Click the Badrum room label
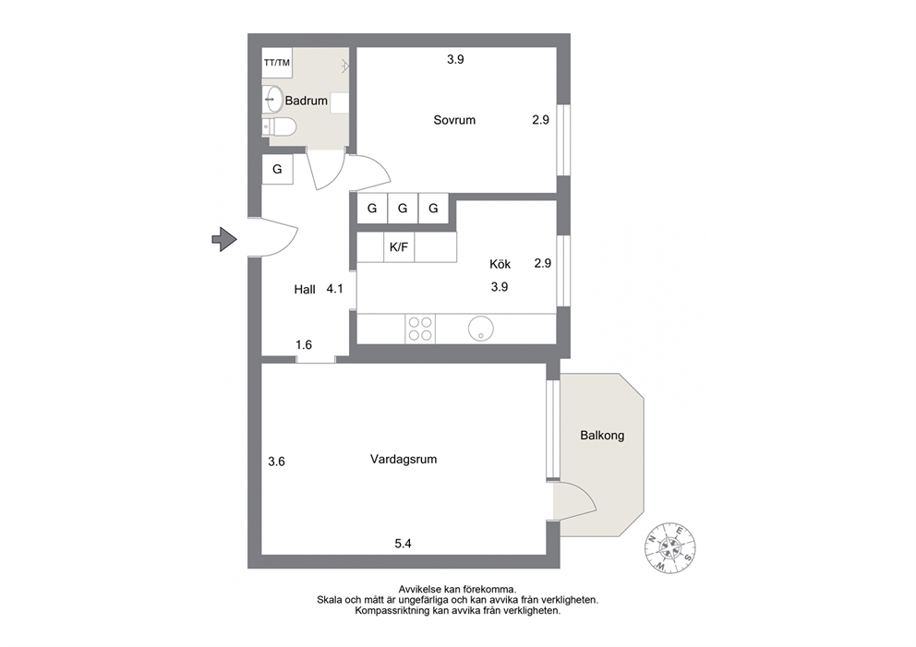(x=307, y=101)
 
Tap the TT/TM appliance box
(x=277, y=63)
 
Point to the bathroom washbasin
(x=274, y=99)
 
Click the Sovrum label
(x=454, y=120)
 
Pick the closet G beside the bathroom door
(x=278, y=169)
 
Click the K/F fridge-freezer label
(x=399, y=247)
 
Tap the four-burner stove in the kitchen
(x=420, y=329)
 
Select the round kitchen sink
(x=480, y=329)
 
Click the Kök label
(x=500, y=264)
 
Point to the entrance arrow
(x=224, y=239)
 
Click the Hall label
(x=305, y=289)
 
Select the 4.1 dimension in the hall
(x=335, y=289)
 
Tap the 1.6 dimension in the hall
(x=304, y=344)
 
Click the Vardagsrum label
(x=404, y=459)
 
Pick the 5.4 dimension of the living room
(x=404, y=544)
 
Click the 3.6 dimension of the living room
(x=276, y=461)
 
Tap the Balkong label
(x=602, y=435)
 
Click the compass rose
(x=670, y=548)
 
